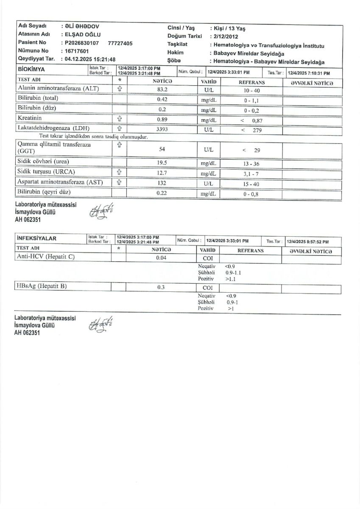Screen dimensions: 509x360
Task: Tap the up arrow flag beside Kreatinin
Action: click(x=120, y=119)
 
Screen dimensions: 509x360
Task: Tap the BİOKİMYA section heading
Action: click(x=32, y=69)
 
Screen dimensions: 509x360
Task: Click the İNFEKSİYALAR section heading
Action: click(x=39, y=238)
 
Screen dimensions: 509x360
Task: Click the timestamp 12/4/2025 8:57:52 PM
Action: click(x=308, y=241)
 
